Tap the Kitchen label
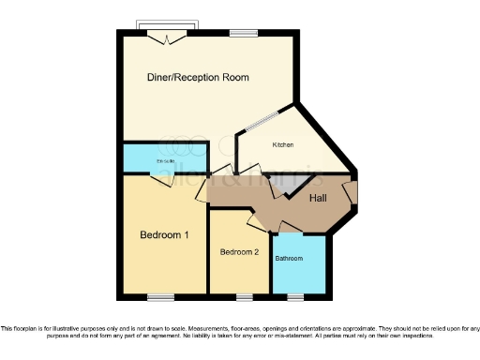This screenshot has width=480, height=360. [x=283, y=145]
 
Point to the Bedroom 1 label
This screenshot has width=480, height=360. [x=166, y=234]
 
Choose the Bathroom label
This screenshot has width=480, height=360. [x=289, y=258]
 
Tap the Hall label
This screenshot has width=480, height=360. [x=318, y=198]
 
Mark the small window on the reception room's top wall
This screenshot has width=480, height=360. [x=243, y=34]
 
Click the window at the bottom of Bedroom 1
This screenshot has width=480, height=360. [x=160, y=298]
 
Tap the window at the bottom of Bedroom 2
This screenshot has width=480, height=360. [x=244, y=298]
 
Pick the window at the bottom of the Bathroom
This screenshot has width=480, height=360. [x=295, y=298]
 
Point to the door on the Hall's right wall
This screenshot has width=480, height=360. [x=349, y=192]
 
